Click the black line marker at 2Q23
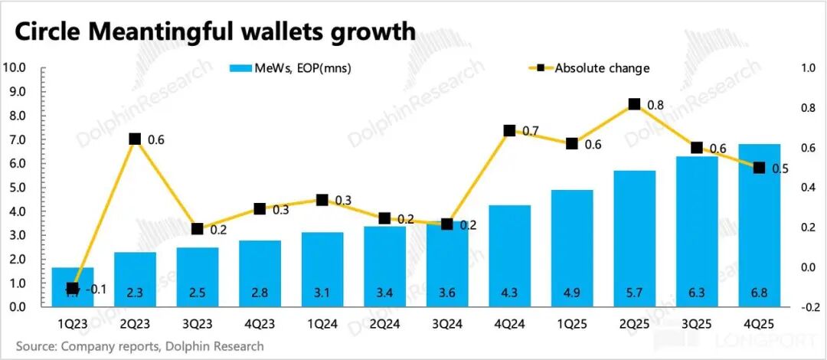tap(135, 139)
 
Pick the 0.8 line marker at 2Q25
tap(634, 104)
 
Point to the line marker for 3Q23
tap(197, 228)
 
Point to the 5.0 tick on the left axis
tap(18, 188)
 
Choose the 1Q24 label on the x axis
tap(322, 325)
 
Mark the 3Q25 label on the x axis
tap(696, 325)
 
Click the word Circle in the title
tap(48, 31)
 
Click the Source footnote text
tap(139, 346)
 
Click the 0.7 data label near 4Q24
tap(531, 132)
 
